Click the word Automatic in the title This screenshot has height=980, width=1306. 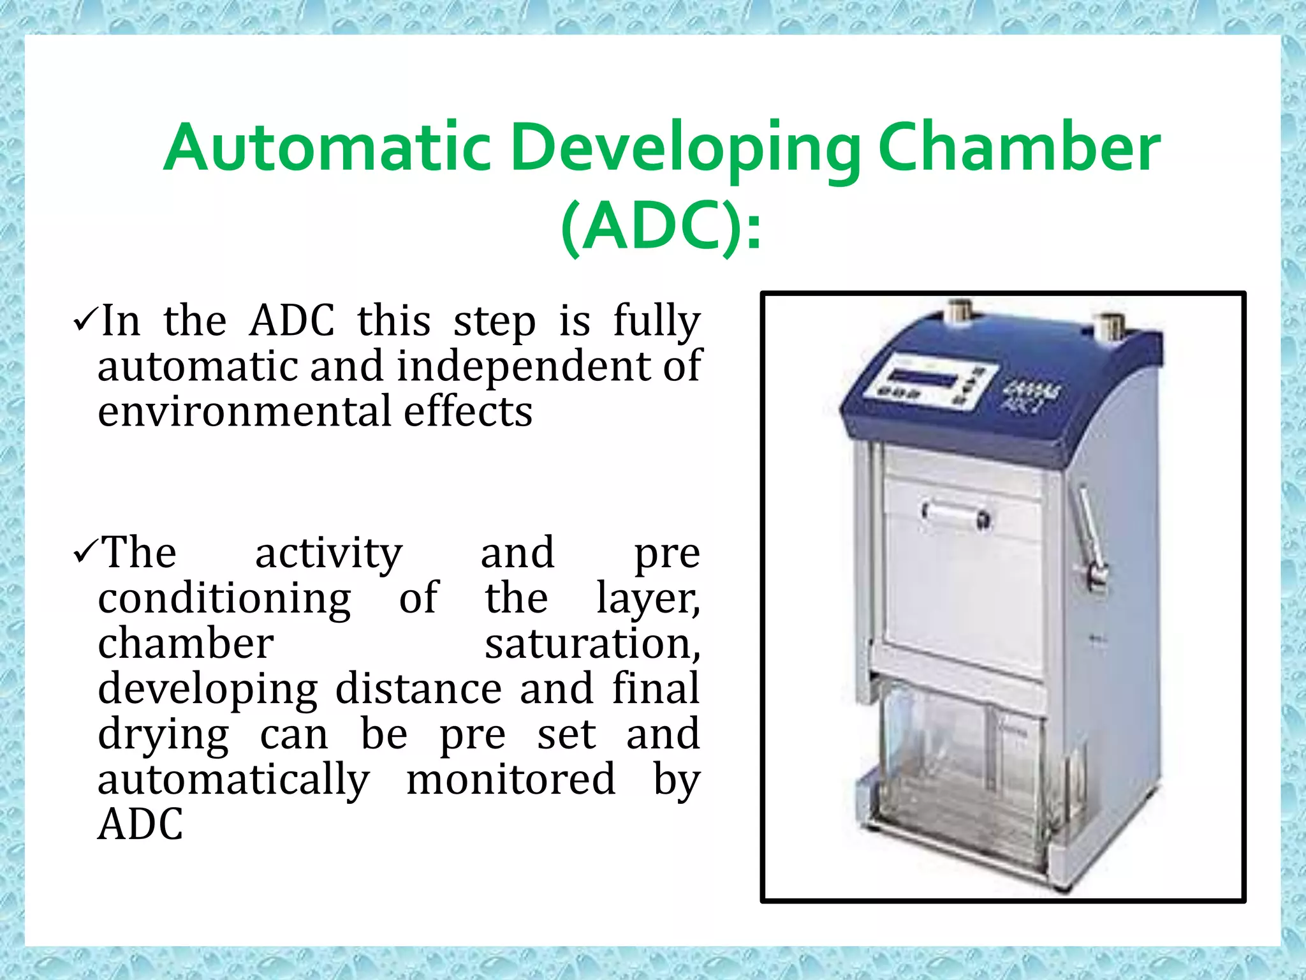(x=327, y=149)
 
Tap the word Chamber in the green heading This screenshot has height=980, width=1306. (x=1018, y=149)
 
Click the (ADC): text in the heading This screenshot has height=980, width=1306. (x=661, y=228)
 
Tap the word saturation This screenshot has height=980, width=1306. (x=592, y=644)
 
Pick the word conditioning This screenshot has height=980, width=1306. (x=224, y=598)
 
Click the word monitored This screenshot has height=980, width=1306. (x=511, y=780)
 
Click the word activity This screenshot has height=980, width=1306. (x=328, y=553)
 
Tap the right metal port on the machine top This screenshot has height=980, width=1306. (x=1112, y=327)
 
